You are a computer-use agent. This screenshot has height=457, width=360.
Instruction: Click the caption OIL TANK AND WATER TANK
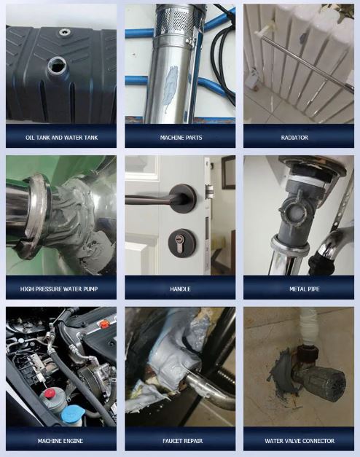point(61,137)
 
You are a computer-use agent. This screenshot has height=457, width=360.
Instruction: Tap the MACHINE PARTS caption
point(181,137)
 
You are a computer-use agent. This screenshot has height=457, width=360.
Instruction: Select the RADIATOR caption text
point(299,137)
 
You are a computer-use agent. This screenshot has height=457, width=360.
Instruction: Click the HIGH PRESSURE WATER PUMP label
point(61,289)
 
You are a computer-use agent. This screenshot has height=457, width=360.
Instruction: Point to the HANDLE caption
point(181,289)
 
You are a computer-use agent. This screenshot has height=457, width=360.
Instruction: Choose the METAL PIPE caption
point(299,289)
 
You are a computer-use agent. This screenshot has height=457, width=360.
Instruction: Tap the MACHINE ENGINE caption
point(61,440)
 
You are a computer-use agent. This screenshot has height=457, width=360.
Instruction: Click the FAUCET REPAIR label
point(181,440)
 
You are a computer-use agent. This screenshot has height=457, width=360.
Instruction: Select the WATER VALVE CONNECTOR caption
point(299,440)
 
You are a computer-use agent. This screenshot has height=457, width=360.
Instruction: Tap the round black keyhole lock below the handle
point(179,240)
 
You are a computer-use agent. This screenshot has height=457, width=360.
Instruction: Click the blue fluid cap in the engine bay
point(73,414)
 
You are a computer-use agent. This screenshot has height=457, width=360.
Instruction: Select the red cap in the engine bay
point(50,394)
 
